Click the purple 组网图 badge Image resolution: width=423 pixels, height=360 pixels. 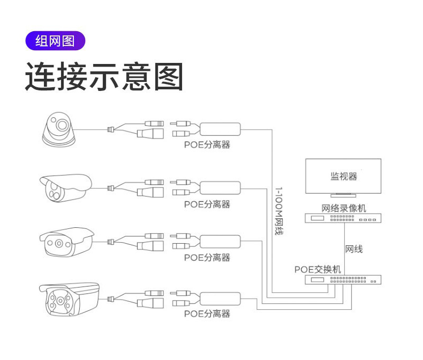[x=54, y=41]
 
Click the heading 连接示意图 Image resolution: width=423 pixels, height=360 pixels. [x=104, y=77]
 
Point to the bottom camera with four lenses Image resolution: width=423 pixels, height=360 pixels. [x=68, y=300]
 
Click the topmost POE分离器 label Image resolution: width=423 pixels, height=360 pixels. [x=207, y=145]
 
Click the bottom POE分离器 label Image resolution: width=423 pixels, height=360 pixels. [x=207, y=313]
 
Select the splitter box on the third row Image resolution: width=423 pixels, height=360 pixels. [x=220, y=241]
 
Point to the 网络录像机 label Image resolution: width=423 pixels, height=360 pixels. [x=343, y=208]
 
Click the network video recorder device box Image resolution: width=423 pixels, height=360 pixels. [x=343, y=218]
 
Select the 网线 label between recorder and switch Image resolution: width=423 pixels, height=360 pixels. [x=354, y=248]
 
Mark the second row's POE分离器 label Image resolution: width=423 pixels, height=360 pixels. [x=207, y=204]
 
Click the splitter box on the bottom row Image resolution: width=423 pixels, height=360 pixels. [x=220, y=297]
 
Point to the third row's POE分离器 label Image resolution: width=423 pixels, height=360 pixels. [x=207, y=257]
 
